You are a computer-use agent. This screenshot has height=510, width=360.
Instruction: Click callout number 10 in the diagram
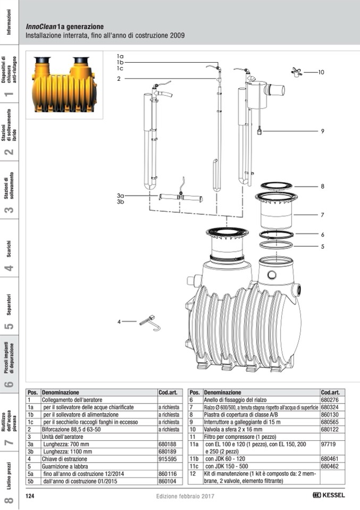pos(321,72)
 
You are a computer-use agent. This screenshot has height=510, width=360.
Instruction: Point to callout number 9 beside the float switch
pos(322,131)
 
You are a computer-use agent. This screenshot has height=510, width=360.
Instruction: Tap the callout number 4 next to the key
pos(120,321)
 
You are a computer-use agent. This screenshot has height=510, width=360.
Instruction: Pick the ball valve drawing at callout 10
pos(297,72)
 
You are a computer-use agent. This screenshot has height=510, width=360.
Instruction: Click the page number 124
pos(30,496)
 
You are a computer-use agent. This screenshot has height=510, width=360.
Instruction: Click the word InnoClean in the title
pos(41,27)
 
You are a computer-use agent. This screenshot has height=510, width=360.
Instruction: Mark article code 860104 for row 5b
pos(167,481)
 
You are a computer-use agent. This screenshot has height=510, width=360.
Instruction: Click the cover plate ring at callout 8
pos(276,186)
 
